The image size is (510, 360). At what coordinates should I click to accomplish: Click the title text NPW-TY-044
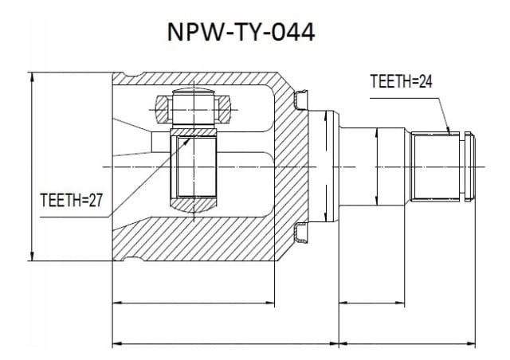pos(241,32)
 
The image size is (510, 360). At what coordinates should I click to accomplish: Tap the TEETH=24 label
pos(401,81)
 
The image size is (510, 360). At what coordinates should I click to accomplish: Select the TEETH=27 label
pos(71,200)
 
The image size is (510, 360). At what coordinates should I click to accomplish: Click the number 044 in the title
pos(293,32)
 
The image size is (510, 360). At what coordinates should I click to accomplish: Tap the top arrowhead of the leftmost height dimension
pos(32,77)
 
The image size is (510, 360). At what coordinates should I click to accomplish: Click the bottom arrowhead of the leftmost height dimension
pos(32,256)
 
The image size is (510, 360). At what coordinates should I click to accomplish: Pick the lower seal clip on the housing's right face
pos(301,233)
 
